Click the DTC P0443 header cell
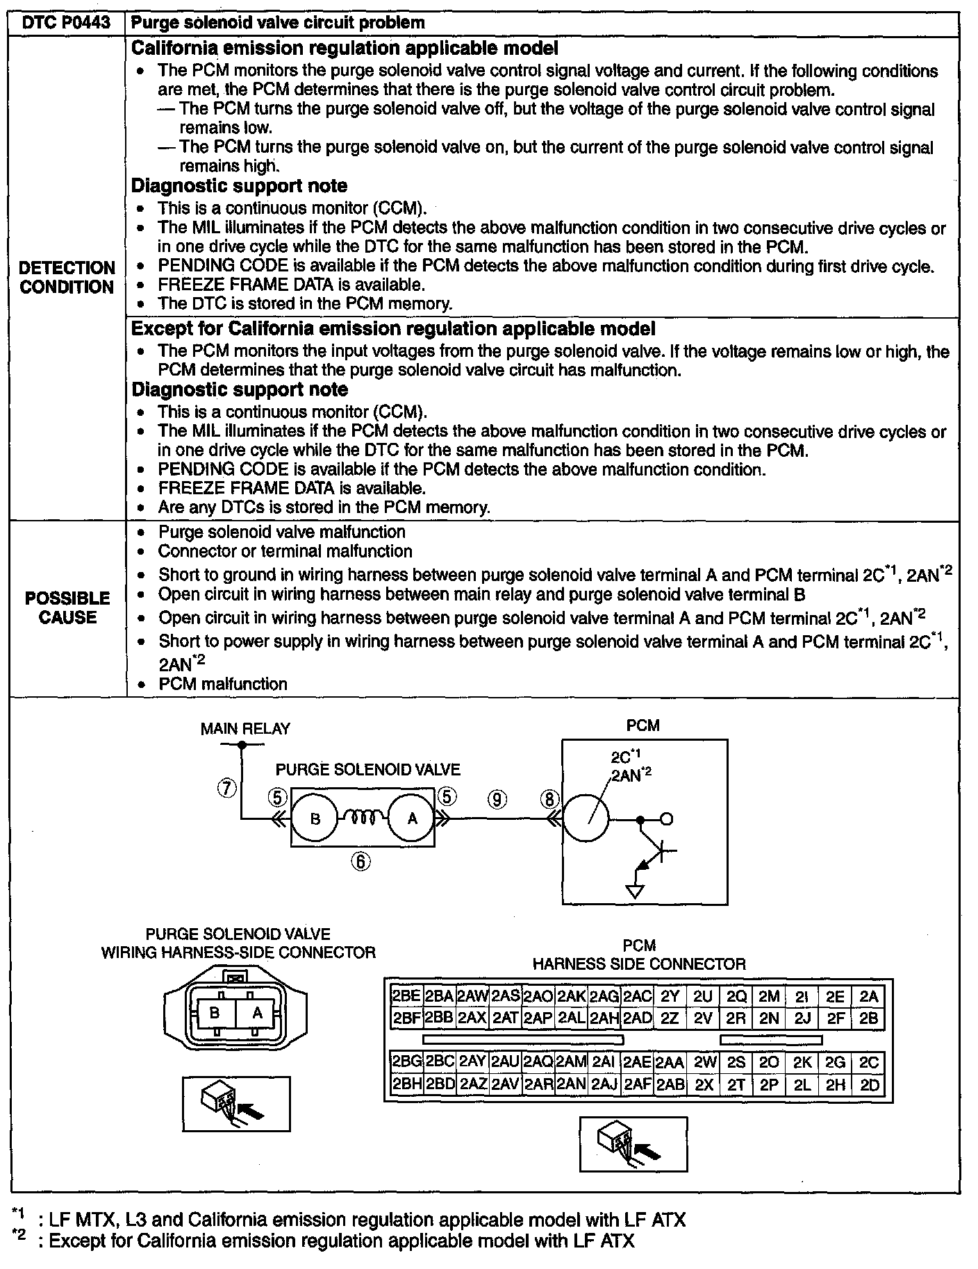[x=67, y=22]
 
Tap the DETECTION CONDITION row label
[x=67, y=278]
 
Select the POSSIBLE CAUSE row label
[x=67, y=608]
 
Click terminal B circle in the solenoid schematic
[x=315, y=819]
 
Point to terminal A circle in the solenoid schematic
[x=412, y=819]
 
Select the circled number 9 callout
[x=497, y=799]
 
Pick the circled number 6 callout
[x=360, y=862]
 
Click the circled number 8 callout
[x=549, y=799]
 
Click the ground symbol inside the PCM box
[x=635, y=891]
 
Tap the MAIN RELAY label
[x=245, y=729]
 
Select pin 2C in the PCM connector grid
[x=869, y=1063]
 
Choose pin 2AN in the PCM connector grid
[x=571, y=1084]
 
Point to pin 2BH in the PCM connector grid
[x=406, y=1084]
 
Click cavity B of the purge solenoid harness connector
[x=215, y=1014]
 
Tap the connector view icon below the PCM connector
[x=633, y=1144]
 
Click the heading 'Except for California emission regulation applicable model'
[x=393, y=328]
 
